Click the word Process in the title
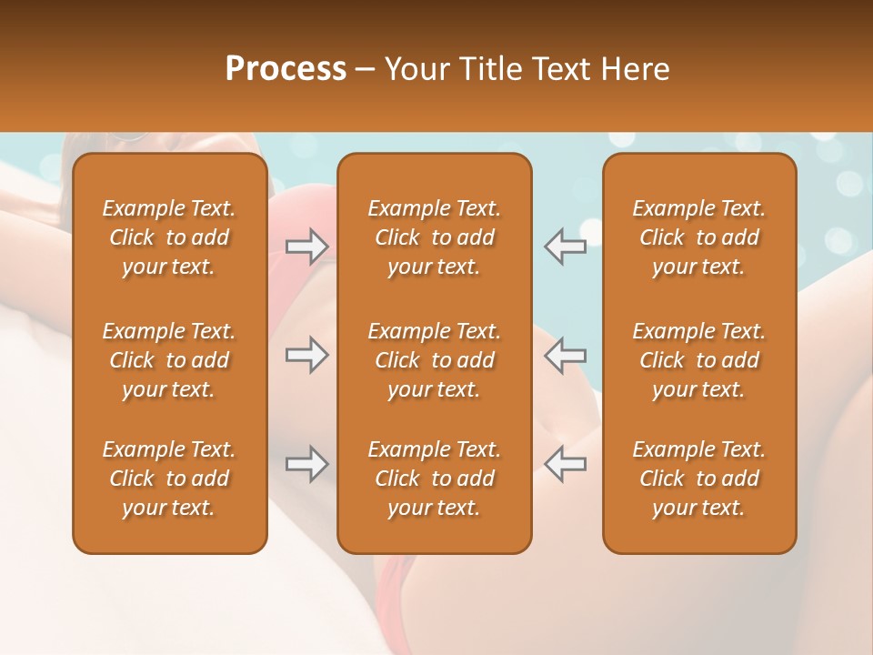coord(286,69)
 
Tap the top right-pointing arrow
coord(306,247)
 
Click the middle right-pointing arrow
coord(306,355)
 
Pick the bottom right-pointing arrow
coord(306,463)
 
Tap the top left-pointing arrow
coord(566,247)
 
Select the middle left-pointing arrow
coord(566,355)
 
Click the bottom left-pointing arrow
coord(566,463)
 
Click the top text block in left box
coord(169,237)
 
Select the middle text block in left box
coord(169,360)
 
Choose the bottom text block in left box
coord(169,479)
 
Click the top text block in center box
coord(434,237)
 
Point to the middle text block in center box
coord(434,360)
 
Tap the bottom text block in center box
coord(434,479)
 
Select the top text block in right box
coord(698,237)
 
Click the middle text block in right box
coord(698,360)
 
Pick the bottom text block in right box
coord(698,479)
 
